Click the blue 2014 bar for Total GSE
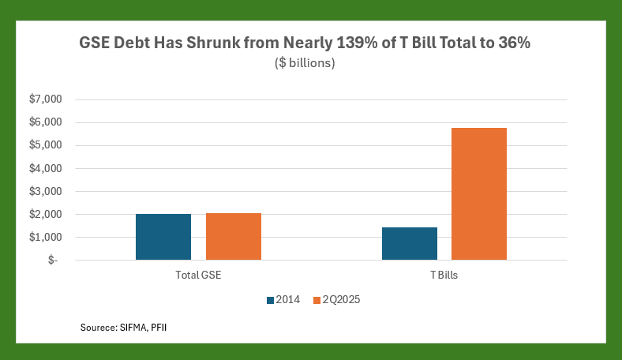163,237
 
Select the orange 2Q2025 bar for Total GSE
234,236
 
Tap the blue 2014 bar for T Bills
410,243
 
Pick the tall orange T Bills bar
479,193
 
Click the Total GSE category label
198,276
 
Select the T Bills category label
444,276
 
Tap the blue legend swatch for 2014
271,300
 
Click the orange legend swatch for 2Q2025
317,300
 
